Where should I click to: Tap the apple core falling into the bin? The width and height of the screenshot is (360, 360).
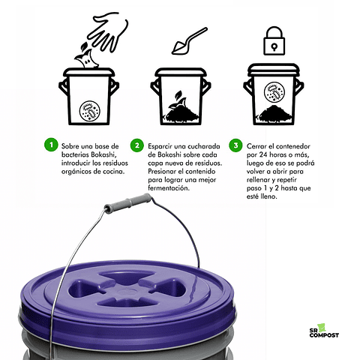click(79, 57)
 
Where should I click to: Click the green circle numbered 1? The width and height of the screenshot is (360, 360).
click(50, 145)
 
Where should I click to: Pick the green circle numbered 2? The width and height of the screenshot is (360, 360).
click(136, 145)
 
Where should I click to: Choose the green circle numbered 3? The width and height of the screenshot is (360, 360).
click(235, 145)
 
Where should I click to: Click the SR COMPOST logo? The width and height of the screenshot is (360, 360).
click(324, 329)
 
